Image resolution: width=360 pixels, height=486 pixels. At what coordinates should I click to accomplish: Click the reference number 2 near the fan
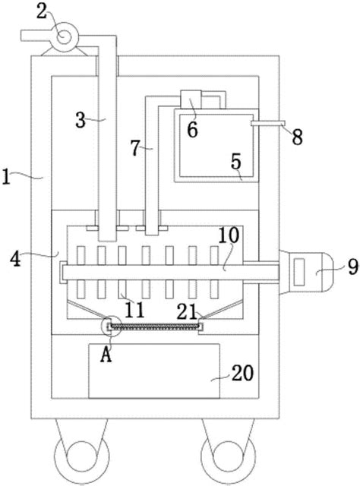click(42, 12)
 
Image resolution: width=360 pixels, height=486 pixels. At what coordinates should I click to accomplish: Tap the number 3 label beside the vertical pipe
click(81, 120)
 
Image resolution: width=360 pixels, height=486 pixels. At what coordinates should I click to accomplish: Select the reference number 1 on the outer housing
click(6, 177)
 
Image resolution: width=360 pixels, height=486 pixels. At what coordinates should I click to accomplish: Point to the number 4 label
click(15, 259)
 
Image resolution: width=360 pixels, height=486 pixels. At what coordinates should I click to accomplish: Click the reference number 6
click(192, 130)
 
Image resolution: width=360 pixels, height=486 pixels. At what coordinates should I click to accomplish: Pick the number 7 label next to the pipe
click(135, 148)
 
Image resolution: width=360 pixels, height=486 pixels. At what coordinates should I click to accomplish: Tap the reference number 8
click(298, 137)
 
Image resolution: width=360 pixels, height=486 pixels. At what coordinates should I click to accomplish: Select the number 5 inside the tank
click(236, 161)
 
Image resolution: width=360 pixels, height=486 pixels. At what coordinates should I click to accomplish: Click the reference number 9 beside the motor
click(353, 267)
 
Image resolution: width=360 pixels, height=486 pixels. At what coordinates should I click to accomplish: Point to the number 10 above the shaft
click(229, 235)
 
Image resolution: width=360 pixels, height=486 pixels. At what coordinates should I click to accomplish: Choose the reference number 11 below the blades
click(135, 310)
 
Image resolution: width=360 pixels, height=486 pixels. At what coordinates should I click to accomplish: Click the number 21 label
click(187, 312)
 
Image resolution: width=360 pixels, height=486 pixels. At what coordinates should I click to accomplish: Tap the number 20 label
click(243, 373)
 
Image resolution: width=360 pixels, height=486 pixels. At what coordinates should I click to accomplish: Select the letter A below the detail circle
click(106, 355)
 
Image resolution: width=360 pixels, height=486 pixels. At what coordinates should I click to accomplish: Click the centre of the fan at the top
click(65, 37)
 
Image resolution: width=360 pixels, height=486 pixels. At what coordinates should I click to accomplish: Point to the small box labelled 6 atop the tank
click(191, 99)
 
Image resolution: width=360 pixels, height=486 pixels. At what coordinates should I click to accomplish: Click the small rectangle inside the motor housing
click(299, 272)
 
